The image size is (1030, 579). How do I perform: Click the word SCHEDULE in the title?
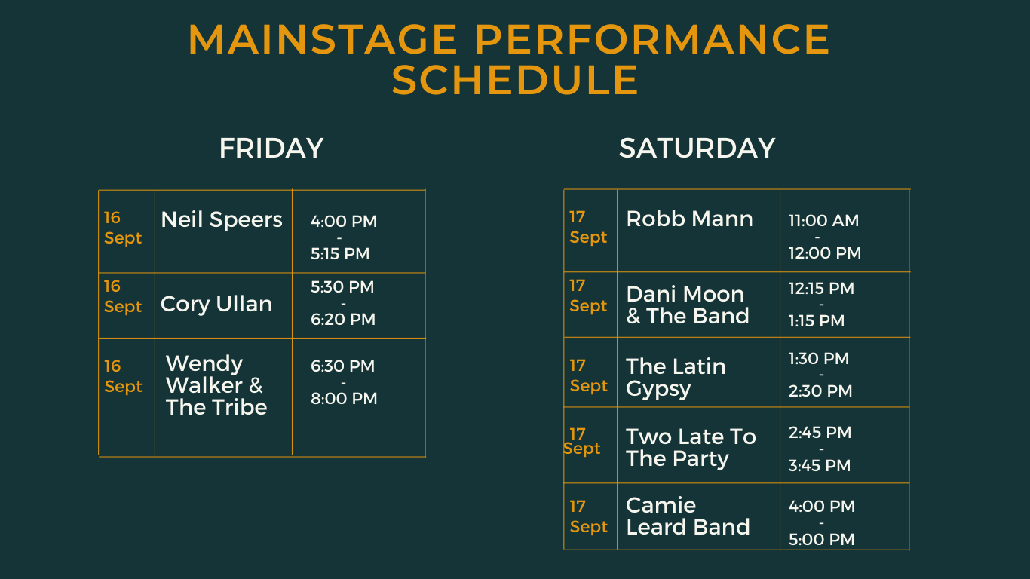pos(515,80)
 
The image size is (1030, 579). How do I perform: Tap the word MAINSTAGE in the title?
pos(323,39)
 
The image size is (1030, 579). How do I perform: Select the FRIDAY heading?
pos(271,148)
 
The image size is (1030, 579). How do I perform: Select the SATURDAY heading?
pos(697,148)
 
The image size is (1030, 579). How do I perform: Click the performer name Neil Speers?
pos(221,219)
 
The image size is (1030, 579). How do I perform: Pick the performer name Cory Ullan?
pos(216,304)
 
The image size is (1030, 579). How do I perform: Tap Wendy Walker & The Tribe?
pos(216,385)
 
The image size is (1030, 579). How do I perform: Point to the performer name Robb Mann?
pos(689,219)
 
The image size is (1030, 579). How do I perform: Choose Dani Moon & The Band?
pos(688,305)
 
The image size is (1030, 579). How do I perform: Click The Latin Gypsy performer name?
pos(676,378)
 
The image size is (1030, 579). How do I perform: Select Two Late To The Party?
pos(691,448)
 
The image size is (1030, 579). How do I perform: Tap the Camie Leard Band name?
pos(688,516)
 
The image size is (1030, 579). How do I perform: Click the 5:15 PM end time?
pos(340,254)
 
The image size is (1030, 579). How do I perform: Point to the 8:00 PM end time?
pos(344,398)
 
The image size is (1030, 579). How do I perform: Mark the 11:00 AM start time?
pos(823,220)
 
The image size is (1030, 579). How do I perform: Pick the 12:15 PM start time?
pos(821,288)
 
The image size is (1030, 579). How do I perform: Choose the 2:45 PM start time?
pos(820,432)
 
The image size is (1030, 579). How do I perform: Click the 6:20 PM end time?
pos(343,319)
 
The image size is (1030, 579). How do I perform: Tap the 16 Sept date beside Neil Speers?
pos(123,228)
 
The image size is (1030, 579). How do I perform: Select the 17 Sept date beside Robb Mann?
pos(588,227)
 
